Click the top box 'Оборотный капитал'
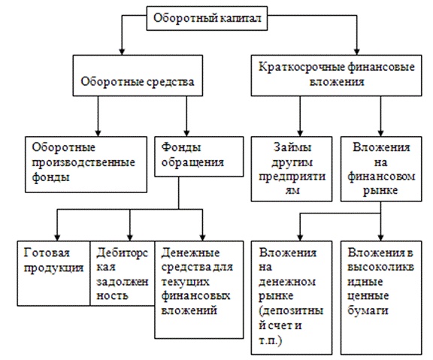(x=207, y=18)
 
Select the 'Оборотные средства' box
(x=138, y=75)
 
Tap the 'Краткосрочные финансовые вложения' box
(x=336, y=75)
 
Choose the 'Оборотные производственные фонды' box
(x=86, y=165)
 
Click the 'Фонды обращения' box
(x=198, y=156)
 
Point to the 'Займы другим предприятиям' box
(x=292, y=168)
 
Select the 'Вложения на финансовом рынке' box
(x=381, y=168)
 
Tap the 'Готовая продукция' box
(x=53, y=274)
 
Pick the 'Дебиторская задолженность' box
(x=122, y=274)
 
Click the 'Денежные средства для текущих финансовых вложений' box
(x=198, y=289)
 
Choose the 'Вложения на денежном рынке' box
(x=292, y=298)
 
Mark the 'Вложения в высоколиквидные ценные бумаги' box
(x=381, y=298)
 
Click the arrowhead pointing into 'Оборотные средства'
(x=122, y=52)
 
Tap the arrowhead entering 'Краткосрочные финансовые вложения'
(x=357, y=52)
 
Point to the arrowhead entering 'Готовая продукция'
(x=57, y=237)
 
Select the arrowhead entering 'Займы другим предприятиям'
(x=300, y=133)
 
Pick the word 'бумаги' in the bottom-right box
(x=368, y=311)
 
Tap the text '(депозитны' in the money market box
(x=291, y=311)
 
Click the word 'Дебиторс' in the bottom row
(x=122, y=253)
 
